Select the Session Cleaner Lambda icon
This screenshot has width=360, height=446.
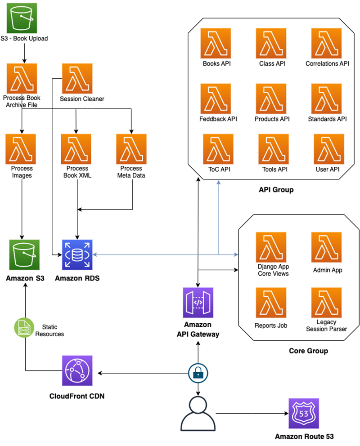(76, 78)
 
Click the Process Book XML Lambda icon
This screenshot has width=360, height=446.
(76, 149)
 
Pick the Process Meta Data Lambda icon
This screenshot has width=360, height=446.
(131, 149)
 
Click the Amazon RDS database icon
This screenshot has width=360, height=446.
(76, 255)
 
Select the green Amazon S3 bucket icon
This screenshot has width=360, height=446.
(24, 255)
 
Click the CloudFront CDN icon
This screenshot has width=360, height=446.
(77, 371)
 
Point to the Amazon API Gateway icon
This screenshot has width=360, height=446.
(198, 303)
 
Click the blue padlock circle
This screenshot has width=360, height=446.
(198, 373)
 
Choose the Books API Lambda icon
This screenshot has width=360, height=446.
(216, 43)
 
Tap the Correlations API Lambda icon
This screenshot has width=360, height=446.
(327, 43)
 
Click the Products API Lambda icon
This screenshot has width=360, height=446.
(271, 98)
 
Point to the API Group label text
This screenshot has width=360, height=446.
(276, 190)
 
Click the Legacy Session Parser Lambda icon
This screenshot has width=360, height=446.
(327, 303)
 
